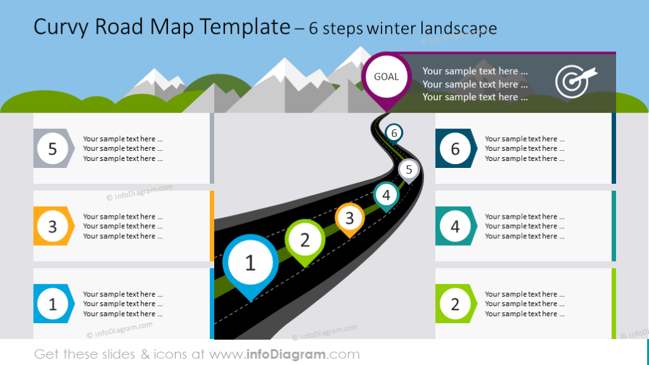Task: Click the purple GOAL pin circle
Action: click(x=386, y=77)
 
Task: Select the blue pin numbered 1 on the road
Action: click(x=250, y=263)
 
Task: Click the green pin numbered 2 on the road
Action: click(x=305, y=240)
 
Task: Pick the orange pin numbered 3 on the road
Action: click(x=349, y=218)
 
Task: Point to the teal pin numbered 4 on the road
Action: click(x=386, y=195)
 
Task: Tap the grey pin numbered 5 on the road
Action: click(x=409, y=170)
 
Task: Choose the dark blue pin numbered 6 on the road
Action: click(x=394, y=133)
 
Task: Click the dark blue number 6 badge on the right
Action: click(x=455, y=148)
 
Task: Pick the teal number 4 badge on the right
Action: click(x=455, y=226)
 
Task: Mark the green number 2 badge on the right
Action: click(x=455, y=304)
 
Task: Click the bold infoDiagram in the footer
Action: click(x=295, y=354)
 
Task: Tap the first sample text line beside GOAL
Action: click(x=475, y=71)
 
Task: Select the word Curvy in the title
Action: click(x=61, y=27)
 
